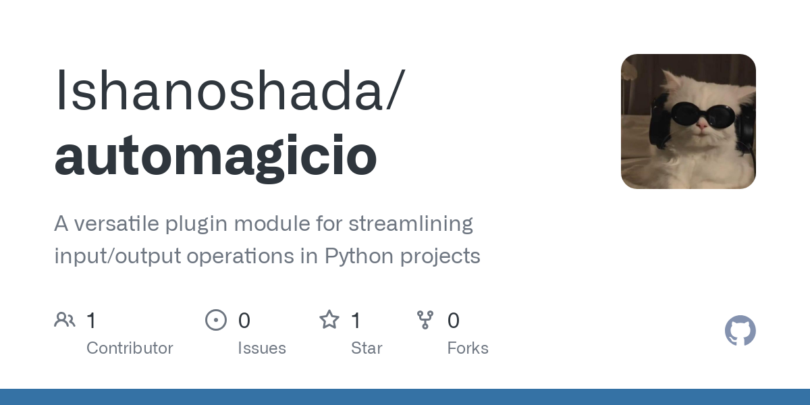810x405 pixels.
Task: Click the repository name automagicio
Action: click(216, 157)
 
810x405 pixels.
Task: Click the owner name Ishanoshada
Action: click(219, 90)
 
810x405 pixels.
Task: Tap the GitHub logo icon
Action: click(740, 331)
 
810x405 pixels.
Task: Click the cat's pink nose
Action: click(702, 126)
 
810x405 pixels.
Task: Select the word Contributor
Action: click(130, 348)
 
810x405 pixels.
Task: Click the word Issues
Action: click(262, 348)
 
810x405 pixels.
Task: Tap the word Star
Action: click(367, 348)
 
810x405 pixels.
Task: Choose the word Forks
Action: click(468, 348)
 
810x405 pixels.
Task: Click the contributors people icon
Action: click(65, 320)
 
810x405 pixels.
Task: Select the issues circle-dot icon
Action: click(216, 320)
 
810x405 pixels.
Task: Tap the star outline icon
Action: click(329, 320)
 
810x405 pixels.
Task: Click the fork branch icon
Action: click(425, 320)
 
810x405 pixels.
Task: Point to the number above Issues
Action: click(244, 321)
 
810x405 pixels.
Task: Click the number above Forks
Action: click(454, 321)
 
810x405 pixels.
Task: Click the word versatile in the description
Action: click(116, 223)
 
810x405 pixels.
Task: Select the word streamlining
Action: click(411, 224)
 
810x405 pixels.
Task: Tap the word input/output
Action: click(118, 256)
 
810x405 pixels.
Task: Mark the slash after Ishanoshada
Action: click(396, 89)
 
